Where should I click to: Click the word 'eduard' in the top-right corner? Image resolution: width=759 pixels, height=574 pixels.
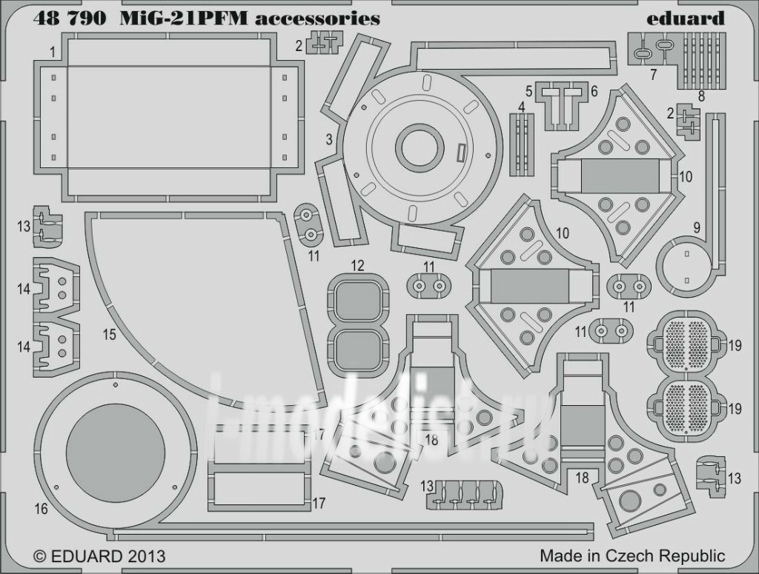686,19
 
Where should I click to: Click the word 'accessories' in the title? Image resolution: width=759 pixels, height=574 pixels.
317,19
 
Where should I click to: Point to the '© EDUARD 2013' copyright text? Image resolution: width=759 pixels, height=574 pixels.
99,555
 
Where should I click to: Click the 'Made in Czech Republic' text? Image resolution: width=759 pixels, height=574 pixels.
632,555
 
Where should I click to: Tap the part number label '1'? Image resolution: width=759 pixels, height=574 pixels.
53,52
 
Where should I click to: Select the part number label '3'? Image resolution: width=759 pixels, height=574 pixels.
328,139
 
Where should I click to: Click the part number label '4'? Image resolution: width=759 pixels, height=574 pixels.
522,107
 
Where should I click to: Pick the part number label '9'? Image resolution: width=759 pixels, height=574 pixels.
696,227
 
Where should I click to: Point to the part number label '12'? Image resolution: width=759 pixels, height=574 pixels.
358,265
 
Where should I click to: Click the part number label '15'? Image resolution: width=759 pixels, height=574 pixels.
109,335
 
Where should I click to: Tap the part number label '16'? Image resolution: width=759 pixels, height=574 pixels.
41,509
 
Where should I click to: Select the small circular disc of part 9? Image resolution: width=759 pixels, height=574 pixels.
687,267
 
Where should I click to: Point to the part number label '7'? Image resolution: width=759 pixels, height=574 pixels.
653,74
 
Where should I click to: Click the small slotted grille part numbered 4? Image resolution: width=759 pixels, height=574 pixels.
522,135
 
